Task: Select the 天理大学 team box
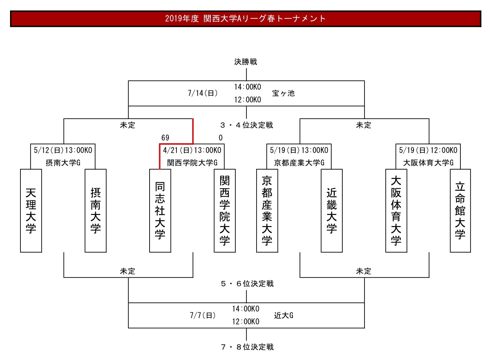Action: [31, 211]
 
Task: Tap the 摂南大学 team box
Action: [96, 211]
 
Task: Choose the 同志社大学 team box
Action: [160, 211]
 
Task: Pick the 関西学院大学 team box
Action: [225, 211]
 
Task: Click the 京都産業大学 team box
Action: [267, 211]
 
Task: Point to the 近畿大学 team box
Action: [332, 211]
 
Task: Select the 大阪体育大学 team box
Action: [396, 211]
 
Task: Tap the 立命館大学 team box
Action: [460, 211]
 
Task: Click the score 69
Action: [165, 138]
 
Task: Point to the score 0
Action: [221, 138]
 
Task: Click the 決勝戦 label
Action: [246, 62]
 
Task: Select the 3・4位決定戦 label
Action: [246, 125]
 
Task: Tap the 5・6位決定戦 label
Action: [247, 284]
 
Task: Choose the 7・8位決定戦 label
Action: [247, 347]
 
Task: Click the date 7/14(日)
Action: [203, 93]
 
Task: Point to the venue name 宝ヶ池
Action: [284, 93]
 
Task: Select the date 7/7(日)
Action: [203, 315]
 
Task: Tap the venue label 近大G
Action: [284, 315]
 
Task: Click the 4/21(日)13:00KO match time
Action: [192, 150]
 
